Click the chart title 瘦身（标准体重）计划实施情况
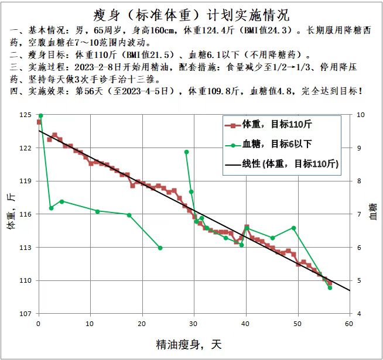click(x=191, y=13)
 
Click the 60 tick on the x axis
click(x=350, y=324)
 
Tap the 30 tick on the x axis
click(x=194, y=324)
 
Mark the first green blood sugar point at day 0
click(x=40, y=115)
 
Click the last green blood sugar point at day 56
click(x=330, y=287)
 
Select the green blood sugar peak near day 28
click(x=186, y=152)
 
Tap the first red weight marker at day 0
click(x=39, y=122)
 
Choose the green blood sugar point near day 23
click(x=160, y=248)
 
